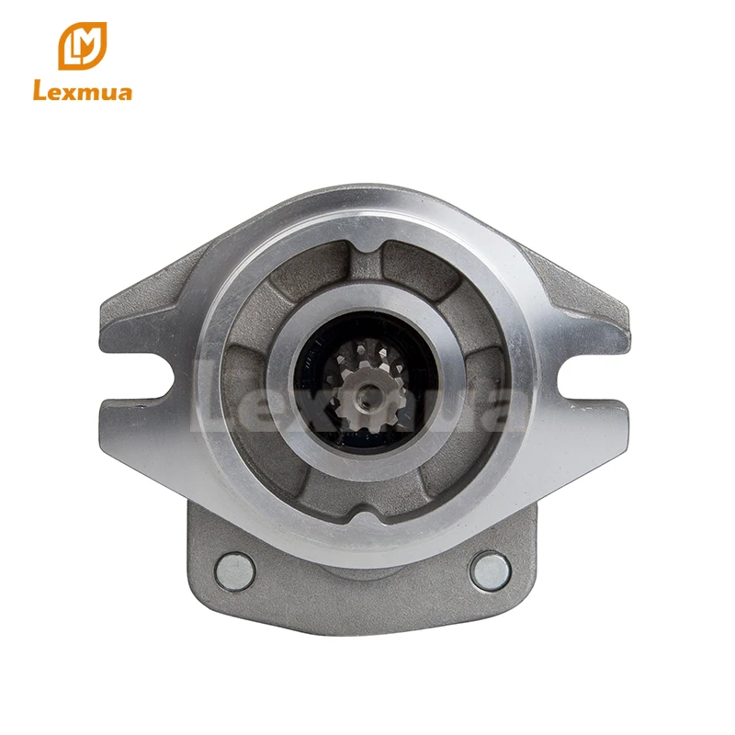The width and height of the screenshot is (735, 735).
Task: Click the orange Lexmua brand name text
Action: [82, 92]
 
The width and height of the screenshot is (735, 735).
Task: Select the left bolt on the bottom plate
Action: [233, 570]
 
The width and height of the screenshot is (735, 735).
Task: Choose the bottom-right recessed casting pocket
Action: [459, 469]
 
